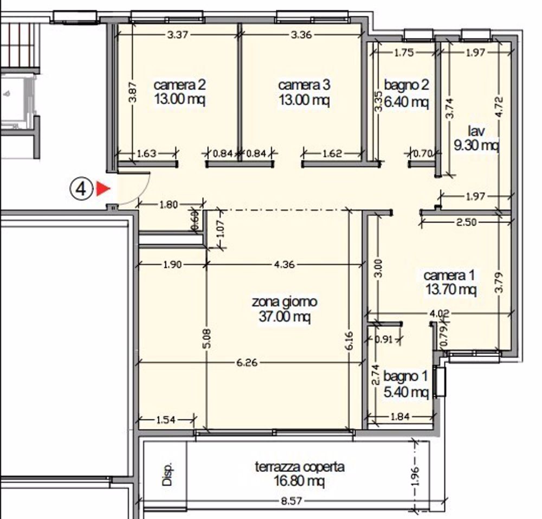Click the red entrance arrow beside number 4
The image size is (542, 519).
103,189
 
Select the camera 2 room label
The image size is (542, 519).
179,85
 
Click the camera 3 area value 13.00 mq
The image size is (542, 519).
304,100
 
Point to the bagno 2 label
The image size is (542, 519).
406,85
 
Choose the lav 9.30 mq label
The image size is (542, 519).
476,138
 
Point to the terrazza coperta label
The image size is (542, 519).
299,466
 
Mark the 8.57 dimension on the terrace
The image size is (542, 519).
291,502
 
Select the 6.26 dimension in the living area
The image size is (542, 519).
247,362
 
